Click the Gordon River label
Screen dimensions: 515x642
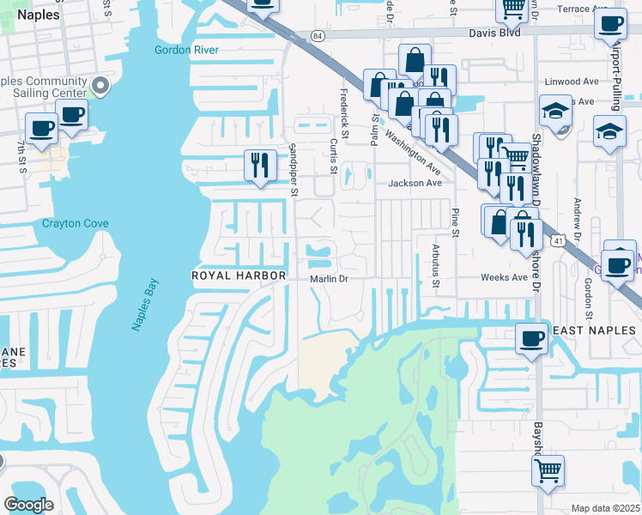186,50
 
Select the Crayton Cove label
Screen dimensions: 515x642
76,224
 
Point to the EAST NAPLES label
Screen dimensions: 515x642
594,330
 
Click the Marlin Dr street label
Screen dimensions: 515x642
329,278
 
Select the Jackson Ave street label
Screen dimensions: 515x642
415,183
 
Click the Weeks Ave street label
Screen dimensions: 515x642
505,277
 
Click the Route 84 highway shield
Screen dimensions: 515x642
318,35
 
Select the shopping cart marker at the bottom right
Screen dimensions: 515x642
548,470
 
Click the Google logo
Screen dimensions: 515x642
28,505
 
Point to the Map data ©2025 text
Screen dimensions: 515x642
604,508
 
